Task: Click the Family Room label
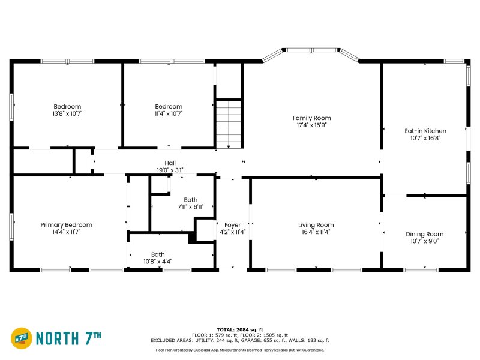(311, 118)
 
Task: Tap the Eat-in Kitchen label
(425, 130)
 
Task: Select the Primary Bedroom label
(66, 224)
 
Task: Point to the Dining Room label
(425, 234)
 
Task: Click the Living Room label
(316, 224)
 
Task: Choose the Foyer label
(232, 225)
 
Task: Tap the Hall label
(170, 163)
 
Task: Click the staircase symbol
(229, 123)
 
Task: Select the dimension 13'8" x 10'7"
(67, 113)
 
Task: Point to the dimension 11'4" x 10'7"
(169, 113)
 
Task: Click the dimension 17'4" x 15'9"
(311, 125)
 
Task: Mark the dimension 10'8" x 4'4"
(158, 261)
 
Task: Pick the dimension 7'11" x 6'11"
(190, 206)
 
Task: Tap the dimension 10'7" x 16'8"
(425, 137)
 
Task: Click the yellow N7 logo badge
(22, 338)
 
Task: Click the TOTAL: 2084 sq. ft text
(240, 329)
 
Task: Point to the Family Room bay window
(311, 50)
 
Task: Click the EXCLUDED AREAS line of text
(240, 340)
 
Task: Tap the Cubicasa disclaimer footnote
(240, 350)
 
